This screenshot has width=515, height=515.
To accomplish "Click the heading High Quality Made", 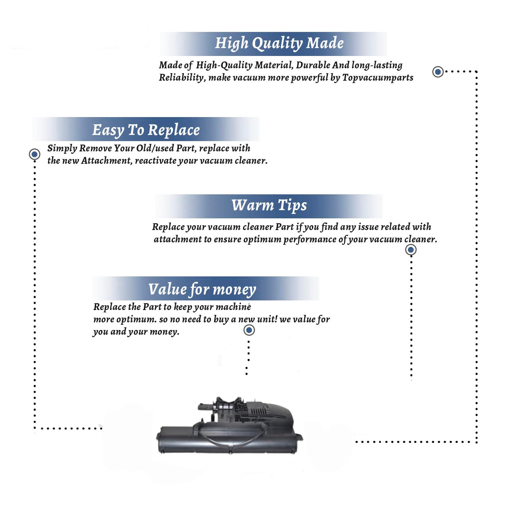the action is click(279, 44).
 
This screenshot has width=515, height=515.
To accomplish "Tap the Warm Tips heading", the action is click(269, 206).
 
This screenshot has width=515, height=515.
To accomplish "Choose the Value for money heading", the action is click(202, 289).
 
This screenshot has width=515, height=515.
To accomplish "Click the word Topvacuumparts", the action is click(378, 78).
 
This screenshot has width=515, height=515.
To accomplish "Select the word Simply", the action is click(62, 149).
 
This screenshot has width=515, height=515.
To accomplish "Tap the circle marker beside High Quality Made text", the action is click(438, 72).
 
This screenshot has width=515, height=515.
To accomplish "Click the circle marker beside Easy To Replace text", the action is click(34, 154).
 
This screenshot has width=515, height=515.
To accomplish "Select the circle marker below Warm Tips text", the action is click(411, 250).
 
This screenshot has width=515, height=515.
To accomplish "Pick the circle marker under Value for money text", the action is click(249, 330).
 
